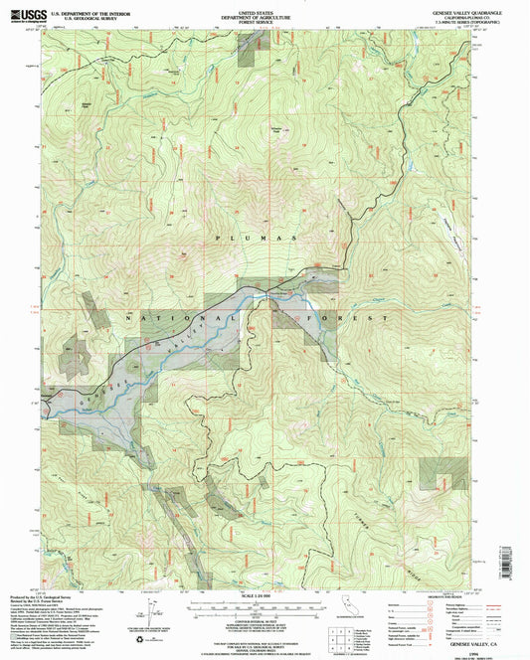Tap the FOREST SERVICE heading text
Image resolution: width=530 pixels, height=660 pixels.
point(264,20)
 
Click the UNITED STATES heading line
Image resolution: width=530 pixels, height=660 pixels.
point(264,10)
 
